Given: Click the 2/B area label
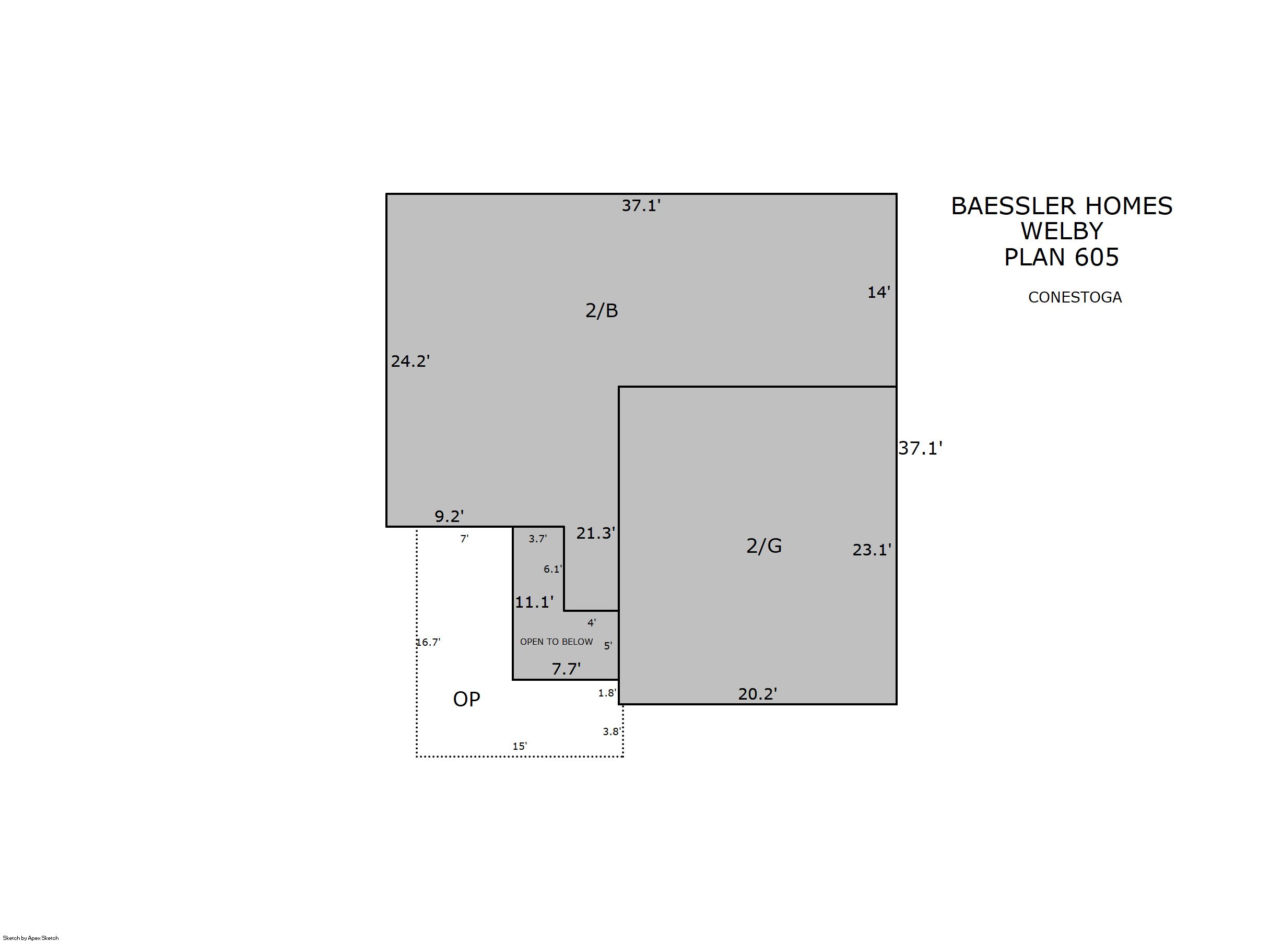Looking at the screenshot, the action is coord(601,310).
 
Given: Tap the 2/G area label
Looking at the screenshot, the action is coord(764,545).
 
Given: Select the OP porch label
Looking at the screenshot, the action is coord(466,699).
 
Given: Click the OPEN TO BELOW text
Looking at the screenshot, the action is coord(556,642).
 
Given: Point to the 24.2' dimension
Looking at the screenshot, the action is coord(410,361).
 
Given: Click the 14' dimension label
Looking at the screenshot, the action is coord(878,292).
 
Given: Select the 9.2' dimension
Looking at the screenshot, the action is coord(449,516).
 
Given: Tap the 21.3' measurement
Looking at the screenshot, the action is coord(595,533).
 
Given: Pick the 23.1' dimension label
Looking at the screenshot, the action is coord(872,550).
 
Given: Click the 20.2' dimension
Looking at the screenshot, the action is coord(758,694).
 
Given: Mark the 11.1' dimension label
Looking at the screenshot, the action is coord(534,602).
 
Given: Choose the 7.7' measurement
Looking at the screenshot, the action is coord(566,669).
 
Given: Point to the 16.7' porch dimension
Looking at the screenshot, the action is coord(428,643).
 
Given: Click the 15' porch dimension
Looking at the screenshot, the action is coord(520,746).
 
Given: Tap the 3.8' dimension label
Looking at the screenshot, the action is coord(612,731).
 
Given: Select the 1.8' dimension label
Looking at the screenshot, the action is coord(607,693).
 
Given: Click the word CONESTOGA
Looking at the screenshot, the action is coord(1075,297).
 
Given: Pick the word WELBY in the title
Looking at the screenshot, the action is coord(1062,231).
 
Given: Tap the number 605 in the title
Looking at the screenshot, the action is coord(1097,258).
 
